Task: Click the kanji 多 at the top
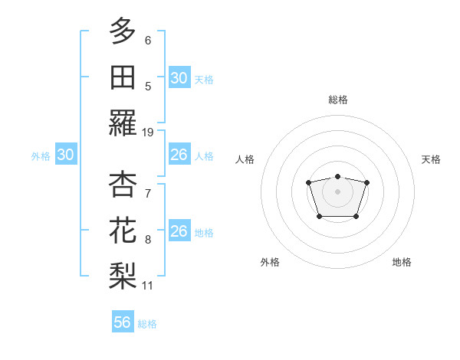[123, 31]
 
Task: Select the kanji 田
[123, 77]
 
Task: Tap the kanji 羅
[123, 123]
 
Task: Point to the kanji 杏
[123, 185]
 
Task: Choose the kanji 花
[123, 231]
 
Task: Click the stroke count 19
[148, 133]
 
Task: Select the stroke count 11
[148, 286]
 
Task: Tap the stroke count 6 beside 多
[148, 40]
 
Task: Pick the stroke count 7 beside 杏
[148, 193]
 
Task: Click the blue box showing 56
[123, 322]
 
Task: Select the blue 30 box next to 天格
[179, 78]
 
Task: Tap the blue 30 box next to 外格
[66, 155]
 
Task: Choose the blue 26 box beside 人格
[179, 155]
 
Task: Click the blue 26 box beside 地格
[179, 231]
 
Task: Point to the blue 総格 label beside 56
[147, 324]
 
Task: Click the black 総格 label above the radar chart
[337, 100]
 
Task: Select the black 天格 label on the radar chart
[432, 159]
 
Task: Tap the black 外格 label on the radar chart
[270, 262]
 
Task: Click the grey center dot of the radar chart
[337, 191]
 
